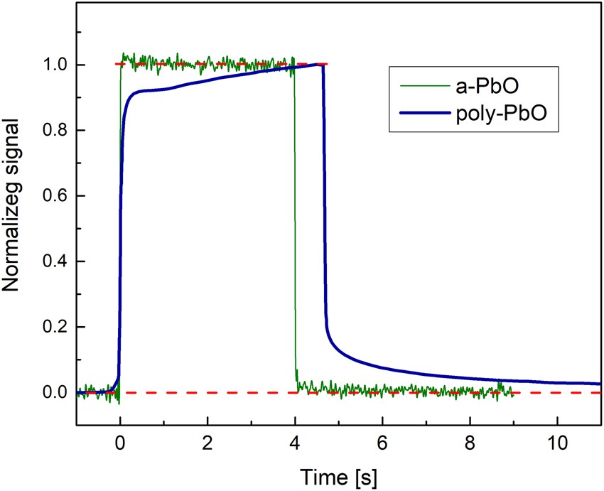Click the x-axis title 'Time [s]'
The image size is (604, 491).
(x=338, y=474)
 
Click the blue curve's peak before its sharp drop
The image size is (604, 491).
(x=321, y=65)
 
